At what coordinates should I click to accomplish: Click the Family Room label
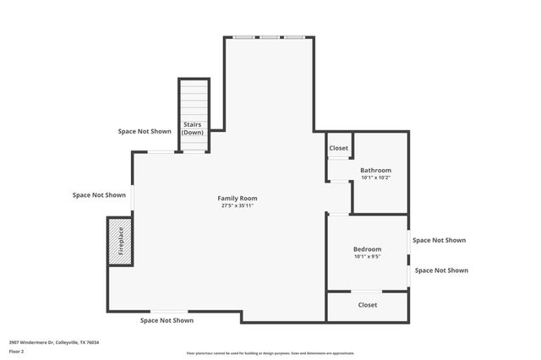tap(238, 198)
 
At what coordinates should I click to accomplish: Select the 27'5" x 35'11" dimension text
tap(238, 205)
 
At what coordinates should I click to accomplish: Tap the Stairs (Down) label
tap(194, 128)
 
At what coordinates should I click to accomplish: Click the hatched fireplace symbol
tap(119, 241)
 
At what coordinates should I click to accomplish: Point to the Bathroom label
tap(375, 170)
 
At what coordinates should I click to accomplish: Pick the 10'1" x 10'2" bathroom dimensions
tap(375, 177)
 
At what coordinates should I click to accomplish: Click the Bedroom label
tap(367, 249)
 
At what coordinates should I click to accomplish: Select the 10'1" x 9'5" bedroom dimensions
tap(367, 257)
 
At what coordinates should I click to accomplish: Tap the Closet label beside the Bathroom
tap(338, 148)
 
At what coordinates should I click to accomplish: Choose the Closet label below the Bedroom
tap(368, 304)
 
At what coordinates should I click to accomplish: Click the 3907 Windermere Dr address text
tap(54, 342)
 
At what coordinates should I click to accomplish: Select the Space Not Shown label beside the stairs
tap(144, 131)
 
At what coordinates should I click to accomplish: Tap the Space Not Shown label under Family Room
tap(167, 320)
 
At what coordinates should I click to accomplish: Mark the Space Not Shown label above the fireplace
tap(99, 194)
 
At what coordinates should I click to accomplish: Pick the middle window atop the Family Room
tap(270, 37)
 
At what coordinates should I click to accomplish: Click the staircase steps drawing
tap(194, 100)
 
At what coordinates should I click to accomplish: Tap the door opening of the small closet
tap(338, 158)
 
